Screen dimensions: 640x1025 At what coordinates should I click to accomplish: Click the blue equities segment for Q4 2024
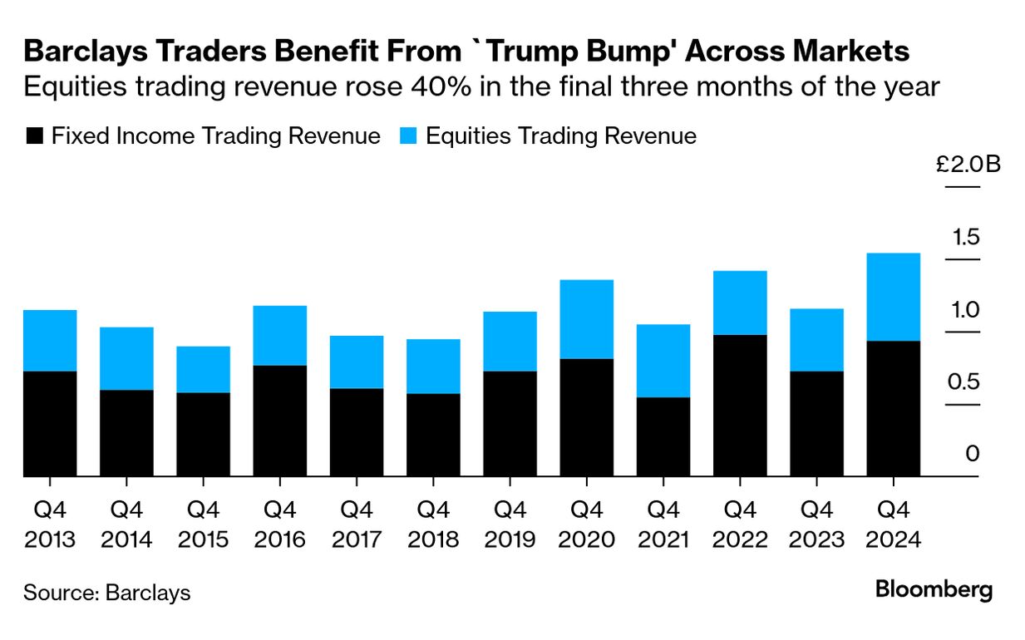(893, 297)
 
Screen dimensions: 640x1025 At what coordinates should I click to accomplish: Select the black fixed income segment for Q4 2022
(740, 406)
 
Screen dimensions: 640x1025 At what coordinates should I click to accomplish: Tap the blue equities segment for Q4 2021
(663, 361)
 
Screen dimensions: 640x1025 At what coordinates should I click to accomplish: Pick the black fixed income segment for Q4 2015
(203, 434)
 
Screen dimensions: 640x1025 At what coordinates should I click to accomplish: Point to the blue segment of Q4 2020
(587, 319)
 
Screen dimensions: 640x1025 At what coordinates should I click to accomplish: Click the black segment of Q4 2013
(50, 423)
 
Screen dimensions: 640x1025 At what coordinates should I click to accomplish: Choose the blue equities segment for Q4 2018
(433, 366)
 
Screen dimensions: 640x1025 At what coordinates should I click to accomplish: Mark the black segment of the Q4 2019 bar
(510, 423)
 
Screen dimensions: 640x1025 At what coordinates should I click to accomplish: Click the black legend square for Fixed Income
(34, 136)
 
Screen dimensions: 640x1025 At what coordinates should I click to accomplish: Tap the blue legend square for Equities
(408, 136)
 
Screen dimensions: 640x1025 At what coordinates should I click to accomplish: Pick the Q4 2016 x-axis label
(280, 524)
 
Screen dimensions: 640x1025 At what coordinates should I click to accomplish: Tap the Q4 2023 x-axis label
(816, 524)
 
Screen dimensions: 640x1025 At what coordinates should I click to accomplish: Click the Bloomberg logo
(934, 590)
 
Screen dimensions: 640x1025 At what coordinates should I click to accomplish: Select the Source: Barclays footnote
(106, 593)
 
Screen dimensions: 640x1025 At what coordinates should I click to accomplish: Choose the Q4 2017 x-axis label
(357, 524)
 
